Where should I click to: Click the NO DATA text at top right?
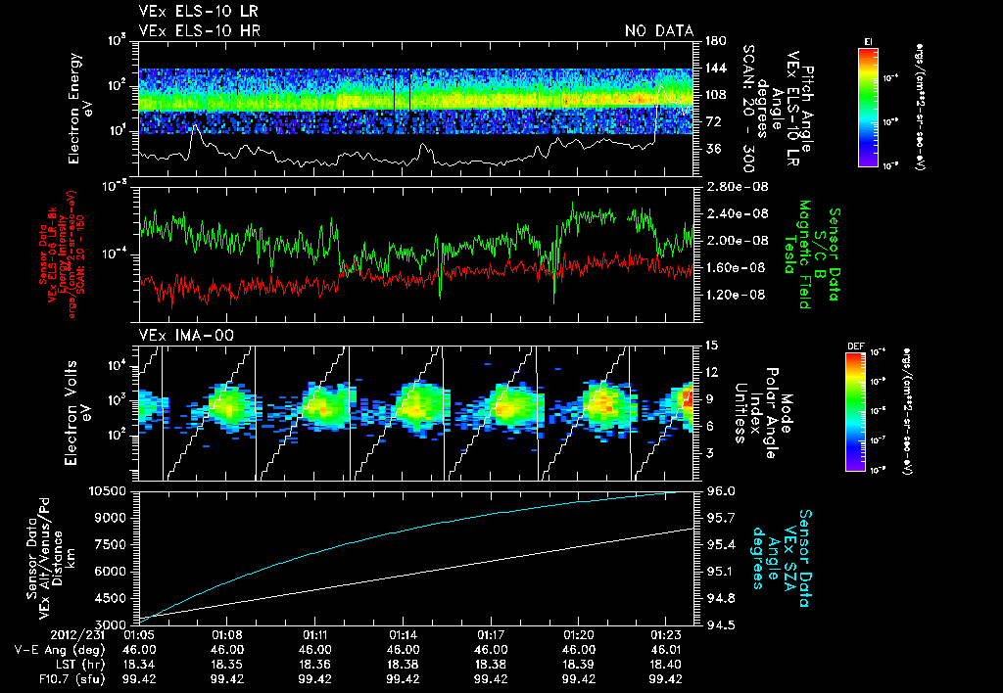tap(658, 31)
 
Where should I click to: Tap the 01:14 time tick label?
tap(405, 634)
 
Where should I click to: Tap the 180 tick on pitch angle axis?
tap(713, 41)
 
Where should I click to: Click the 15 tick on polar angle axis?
tap(711, 346)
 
